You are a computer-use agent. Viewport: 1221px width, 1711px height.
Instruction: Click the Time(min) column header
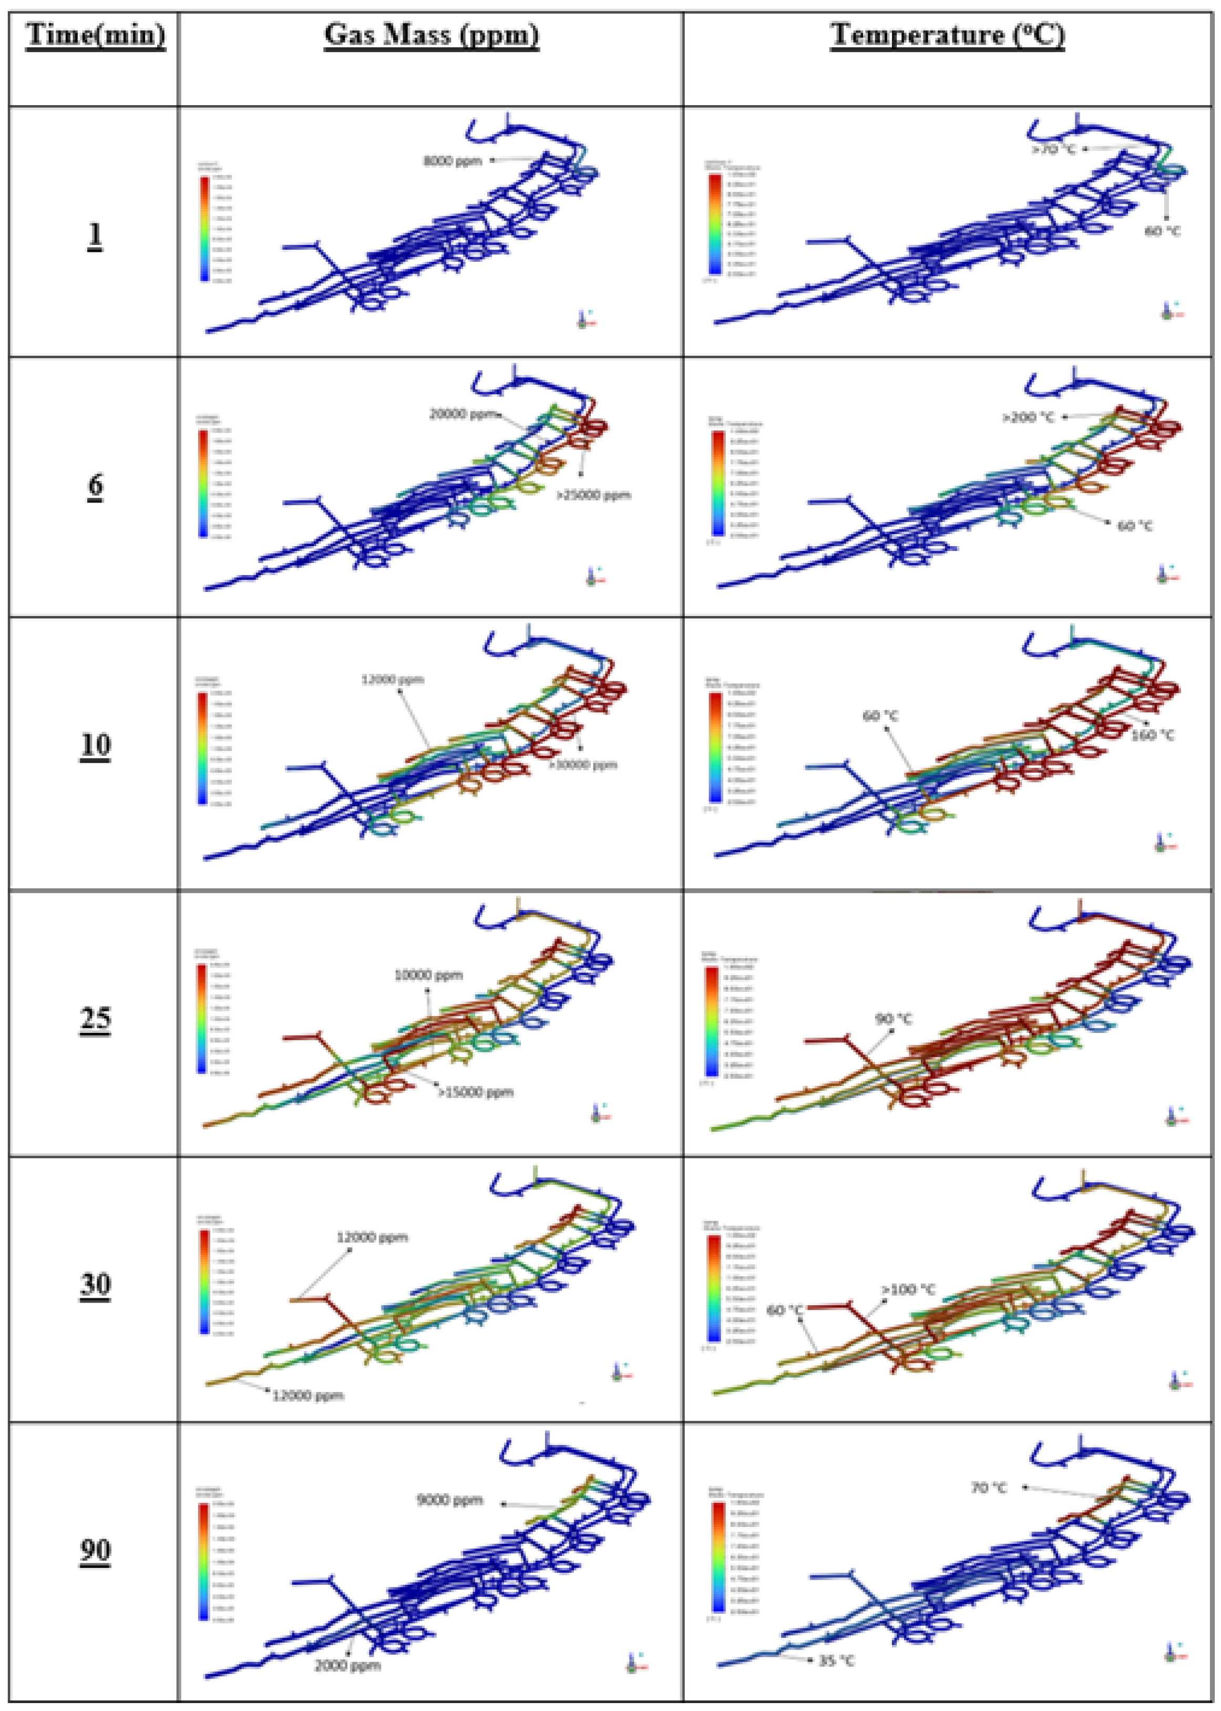click(96, 35)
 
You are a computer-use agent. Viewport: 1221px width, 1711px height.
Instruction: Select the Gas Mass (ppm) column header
click(432, 35)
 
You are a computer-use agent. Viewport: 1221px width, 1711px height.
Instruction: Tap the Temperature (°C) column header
click(947, 35)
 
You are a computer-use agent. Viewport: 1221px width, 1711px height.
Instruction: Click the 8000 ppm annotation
click(453, 161)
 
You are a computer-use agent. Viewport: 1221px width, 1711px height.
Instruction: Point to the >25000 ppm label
click(593, 495)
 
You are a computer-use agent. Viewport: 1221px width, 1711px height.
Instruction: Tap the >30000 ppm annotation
click(583, 764)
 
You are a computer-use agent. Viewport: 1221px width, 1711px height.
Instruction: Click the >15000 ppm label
click(476, 1092)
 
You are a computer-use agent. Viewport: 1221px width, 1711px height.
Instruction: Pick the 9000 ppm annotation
click(449, 1500)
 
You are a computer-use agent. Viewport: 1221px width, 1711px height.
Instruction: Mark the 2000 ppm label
click(347, 1666)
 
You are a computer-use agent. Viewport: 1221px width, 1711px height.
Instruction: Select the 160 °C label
click(1153, 734)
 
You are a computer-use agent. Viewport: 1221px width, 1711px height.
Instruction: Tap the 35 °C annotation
click(836, 1661)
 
